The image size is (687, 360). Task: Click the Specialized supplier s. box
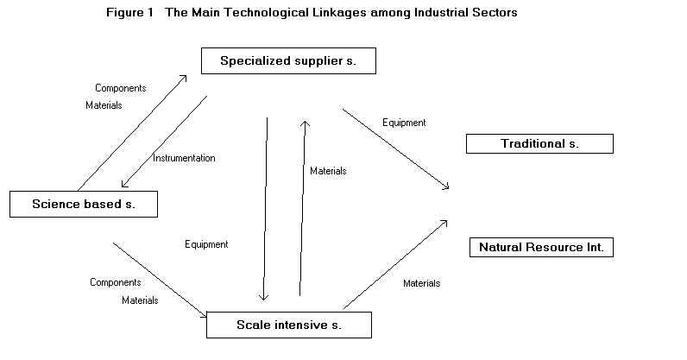tap(287, 61)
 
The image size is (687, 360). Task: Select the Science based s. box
tap(83, 205)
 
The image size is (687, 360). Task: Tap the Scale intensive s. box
tap(288, 325)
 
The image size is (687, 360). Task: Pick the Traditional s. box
tap(539, 144)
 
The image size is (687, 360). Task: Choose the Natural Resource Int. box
tap(541, 248)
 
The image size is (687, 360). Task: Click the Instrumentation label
tap(184, 158)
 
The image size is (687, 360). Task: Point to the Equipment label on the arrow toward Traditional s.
tap(404, 123)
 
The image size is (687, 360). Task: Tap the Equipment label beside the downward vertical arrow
tap(206, 244)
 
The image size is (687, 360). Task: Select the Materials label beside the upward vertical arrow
tap(328, 171)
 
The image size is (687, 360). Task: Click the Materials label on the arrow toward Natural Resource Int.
tap(421, 283)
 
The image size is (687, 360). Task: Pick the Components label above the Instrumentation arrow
tap(120, 88)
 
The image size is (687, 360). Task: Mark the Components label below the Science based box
tap(116, 282)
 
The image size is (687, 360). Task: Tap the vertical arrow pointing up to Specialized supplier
tap(302, 207)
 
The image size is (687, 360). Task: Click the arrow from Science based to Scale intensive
tap(160, 280)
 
